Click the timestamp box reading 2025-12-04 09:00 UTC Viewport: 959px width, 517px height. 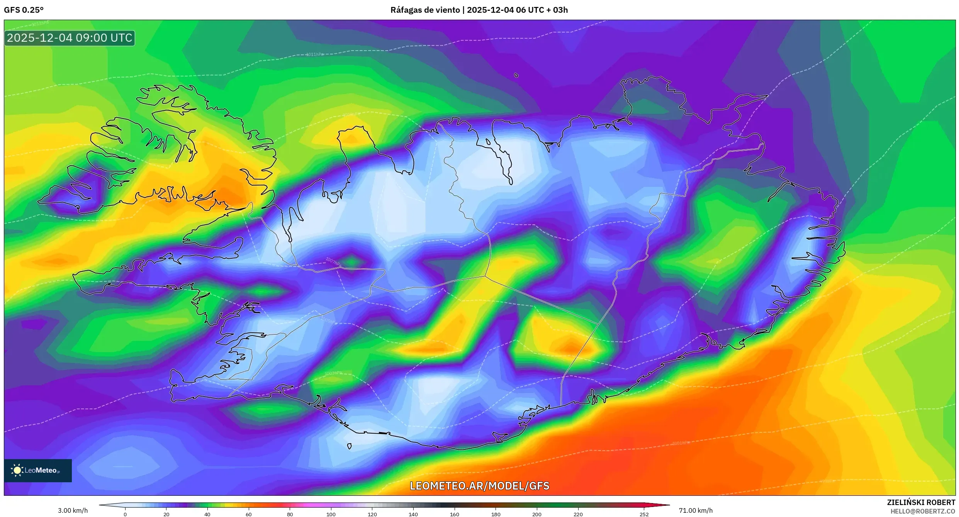70,38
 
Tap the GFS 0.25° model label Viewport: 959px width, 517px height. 24,10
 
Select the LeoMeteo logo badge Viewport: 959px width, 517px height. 38,470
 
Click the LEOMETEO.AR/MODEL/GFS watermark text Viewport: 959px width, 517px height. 479,486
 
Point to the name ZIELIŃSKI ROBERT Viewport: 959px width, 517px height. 921,502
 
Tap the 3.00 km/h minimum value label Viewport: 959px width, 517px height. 73,510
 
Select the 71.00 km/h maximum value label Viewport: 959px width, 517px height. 696,510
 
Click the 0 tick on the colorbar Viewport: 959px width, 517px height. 125,514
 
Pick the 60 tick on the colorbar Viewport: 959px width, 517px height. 249,514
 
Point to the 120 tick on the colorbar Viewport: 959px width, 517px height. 372,514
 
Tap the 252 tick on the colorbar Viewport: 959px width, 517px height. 644,514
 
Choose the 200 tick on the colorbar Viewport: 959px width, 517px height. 537,514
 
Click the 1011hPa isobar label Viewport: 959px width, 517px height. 315,54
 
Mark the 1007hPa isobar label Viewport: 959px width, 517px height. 333,261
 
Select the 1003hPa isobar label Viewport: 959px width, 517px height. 333,373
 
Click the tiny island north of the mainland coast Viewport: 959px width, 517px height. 516,75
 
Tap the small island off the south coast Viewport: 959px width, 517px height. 349,446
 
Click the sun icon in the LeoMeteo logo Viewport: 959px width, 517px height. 17,470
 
